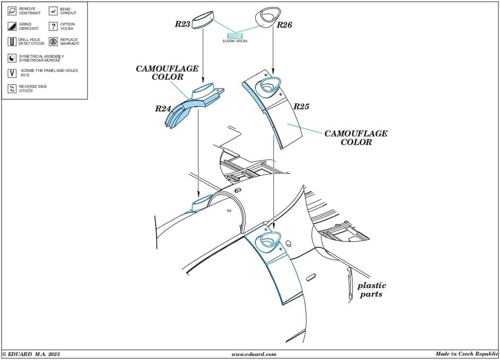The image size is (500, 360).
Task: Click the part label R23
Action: click(x=183, y=24)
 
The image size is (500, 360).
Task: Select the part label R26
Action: click(x=284, y=25)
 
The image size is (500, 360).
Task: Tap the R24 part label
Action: click(x=163, y=109)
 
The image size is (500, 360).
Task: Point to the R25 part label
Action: click(x=301, y=107)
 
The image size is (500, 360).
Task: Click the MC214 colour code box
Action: click(x=235, y=36)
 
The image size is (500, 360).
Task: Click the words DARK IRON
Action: click(x=235, y=41)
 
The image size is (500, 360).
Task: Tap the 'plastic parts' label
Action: click(x=372, y=290)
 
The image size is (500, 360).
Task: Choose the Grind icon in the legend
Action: click(x=12, y=26)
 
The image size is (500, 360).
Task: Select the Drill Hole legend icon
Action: click(x=12, y=42)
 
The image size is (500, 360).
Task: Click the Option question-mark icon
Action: click(x=53, y=26)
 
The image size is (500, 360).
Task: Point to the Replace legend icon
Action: click(x=53, y=42)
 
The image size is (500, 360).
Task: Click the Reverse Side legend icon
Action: click(x=12, y=88)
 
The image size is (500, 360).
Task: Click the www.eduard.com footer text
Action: click(x=254, y=354)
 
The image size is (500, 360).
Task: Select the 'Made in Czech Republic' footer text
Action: click(x=466, y=354)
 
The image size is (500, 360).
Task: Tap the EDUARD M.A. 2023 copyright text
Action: click(x=31, y=354)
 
